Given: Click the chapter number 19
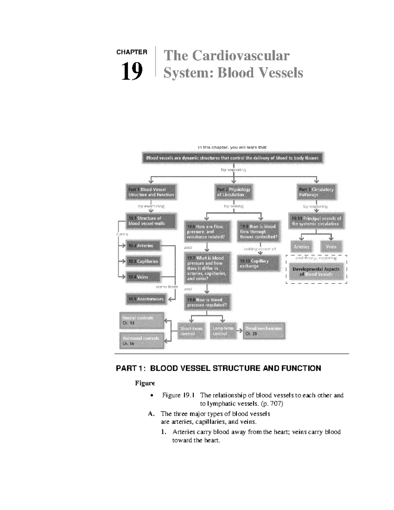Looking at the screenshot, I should click(132, 71).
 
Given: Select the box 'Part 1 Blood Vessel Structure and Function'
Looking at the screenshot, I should click(151, 192).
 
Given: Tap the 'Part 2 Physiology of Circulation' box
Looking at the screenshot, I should click(233, 192).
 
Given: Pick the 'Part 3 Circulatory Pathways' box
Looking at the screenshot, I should click(316, 192).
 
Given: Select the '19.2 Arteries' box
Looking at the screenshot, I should click(143, 246).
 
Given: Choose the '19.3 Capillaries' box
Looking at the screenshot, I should click(143, 261).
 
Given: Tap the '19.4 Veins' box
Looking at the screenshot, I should click(143, 277).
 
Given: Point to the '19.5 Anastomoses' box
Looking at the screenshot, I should click(146, 299).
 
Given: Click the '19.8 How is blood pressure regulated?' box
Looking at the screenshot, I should click(207, 302).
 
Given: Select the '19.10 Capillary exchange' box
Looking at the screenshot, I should click(258, 264).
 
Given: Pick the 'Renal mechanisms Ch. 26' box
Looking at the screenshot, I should click(264, 331).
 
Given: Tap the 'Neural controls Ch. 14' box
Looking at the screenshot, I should click(142, 321).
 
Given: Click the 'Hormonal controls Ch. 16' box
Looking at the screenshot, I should click(142, 341).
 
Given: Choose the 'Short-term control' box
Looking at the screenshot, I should click(191, 331).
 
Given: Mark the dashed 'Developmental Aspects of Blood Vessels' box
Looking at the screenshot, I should click(316, 272).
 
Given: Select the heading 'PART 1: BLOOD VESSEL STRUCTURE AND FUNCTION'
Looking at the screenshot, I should click(218, 368).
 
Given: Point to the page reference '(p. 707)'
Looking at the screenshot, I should click(272, 404).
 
